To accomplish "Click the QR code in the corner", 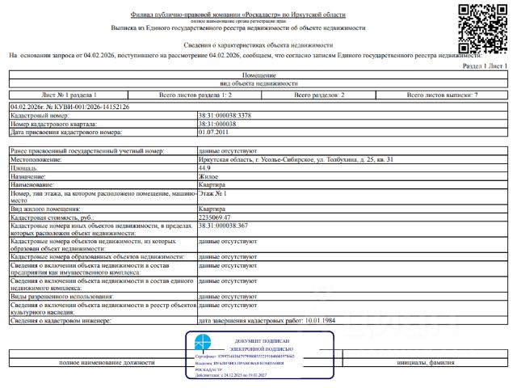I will tap(484, 27).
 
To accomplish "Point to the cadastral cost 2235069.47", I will tap(220, 217).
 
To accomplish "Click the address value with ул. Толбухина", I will tap(296, 161).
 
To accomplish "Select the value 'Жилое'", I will tap(208, 176).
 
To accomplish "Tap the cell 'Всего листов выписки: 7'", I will tap(443, 95).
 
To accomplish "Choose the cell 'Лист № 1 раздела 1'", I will tap(69, 95).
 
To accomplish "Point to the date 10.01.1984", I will tap(322, 321).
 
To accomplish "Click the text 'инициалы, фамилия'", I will tap(443, 363).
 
